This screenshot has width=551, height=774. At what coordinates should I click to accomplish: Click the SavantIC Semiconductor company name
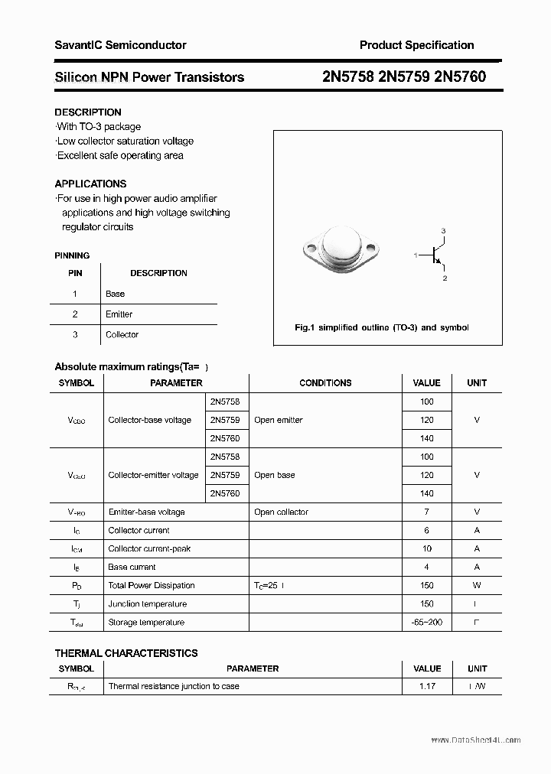coord(120,45)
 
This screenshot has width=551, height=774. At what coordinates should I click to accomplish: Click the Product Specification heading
coord(416,45)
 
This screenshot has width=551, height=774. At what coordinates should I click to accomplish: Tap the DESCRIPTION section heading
coord(88,112)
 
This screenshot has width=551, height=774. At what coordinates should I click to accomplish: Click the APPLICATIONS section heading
coord(90,184)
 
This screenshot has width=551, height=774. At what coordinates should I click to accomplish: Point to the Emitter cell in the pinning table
coord(119,314)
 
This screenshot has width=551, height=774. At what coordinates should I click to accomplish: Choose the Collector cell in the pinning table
coord(122,335)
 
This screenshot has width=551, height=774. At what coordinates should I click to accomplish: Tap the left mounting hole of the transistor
coord(311,248)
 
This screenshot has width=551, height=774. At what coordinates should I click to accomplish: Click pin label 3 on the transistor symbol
coord(443,231)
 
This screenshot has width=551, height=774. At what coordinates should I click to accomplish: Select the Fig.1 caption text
coord(381,327)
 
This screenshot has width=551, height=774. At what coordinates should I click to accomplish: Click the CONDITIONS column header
coord(325,383)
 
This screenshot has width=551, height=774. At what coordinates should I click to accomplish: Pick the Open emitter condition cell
coord(279,420)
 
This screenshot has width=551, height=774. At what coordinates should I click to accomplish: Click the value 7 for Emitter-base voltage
coord(426,512)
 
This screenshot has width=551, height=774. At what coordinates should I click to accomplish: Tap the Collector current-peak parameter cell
coord(149,548)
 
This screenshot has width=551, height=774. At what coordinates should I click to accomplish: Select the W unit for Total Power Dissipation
coord(477,585)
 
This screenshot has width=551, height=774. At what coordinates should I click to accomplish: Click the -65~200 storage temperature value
coord(426,622)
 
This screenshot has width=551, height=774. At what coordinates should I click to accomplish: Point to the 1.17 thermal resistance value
coord(426,686)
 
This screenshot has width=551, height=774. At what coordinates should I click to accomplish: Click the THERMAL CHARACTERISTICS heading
coord(126,653)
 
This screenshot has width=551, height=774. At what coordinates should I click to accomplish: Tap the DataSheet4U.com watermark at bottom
coord(475,740)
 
